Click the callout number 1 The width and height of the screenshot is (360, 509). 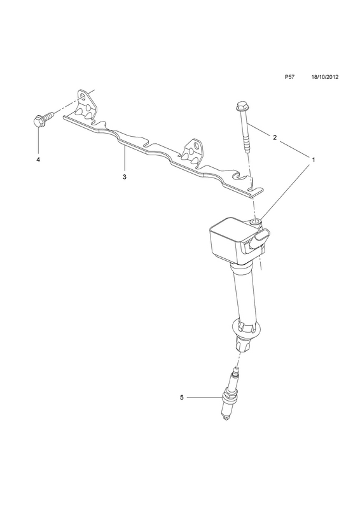(x=314, y=160)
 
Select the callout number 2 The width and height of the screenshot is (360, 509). (x=275, y=137)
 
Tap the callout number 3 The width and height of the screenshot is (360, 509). (x=124, y=177)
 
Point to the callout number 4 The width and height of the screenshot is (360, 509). (x=38, y=160)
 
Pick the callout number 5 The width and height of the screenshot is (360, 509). (x=181, y=397)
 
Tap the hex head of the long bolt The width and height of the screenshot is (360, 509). (x=240, y=106)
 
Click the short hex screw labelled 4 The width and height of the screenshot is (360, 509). (x=43, y=118)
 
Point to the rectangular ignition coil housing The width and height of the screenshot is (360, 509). (x=232, y=239)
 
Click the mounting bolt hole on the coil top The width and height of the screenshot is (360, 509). (x=256, y=222)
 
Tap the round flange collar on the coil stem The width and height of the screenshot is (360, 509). (x=246, y=330)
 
